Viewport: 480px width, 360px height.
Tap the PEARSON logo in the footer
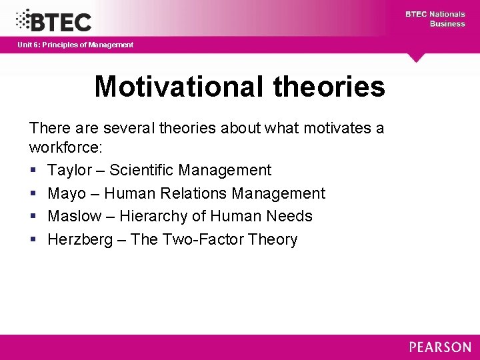439,347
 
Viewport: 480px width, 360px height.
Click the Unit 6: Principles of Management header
75,45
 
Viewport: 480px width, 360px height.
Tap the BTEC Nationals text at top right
435,14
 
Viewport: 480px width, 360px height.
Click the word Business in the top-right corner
447,24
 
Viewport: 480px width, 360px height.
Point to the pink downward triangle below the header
417,57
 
